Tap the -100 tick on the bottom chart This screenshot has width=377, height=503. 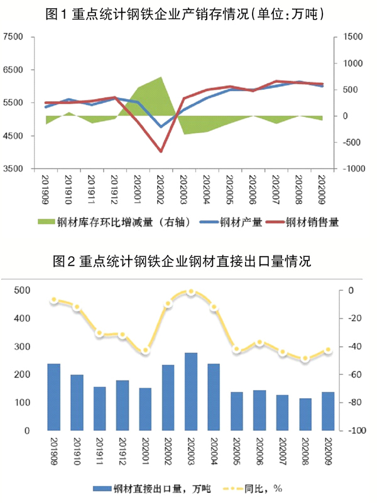point(356,431)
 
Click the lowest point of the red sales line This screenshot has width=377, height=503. point(161,151)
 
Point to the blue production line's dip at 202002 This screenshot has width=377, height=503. point(161,127)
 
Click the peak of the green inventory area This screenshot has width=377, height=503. point(161,77)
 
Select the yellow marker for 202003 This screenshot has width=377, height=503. point(191,292)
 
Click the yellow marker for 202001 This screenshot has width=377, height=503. point(145,350)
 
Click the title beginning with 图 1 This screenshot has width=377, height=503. point(188,13)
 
